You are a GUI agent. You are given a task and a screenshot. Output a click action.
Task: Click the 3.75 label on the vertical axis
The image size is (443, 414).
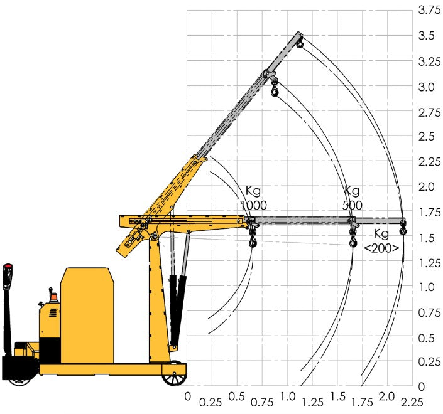(430, 11)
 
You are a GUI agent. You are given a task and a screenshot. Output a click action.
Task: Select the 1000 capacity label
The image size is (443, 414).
(253, 205)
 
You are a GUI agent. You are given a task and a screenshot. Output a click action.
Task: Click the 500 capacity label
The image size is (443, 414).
(352, 205)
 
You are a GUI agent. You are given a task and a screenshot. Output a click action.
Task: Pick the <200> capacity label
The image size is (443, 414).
(381, 248)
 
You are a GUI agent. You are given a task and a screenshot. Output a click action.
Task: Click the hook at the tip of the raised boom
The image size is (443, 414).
(300, 43)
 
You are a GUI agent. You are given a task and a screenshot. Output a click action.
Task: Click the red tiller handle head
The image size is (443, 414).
(8, 271)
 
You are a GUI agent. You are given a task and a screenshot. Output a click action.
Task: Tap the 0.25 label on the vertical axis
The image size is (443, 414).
(430, 363)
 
